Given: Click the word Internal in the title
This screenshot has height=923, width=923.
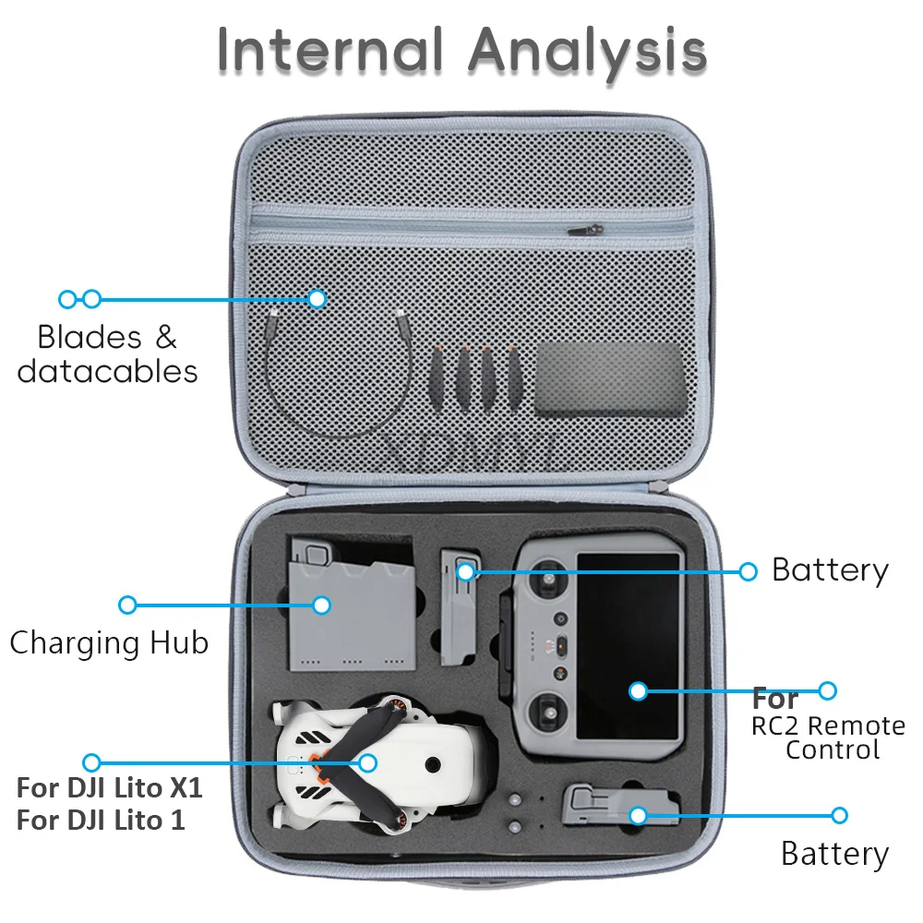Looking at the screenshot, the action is [330, 51].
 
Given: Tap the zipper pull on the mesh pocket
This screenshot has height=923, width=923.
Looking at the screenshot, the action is [586, 230].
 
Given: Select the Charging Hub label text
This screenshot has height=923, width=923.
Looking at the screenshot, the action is [110, 643].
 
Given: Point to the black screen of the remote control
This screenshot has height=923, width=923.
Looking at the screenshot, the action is [628, 646].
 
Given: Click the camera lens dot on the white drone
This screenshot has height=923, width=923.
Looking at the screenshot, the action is [433, 765].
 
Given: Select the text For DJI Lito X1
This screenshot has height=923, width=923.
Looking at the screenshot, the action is [110, 787].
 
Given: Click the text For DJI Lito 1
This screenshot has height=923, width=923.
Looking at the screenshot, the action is [101, 820].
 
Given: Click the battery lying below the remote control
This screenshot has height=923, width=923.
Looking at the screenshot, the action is [620, 806].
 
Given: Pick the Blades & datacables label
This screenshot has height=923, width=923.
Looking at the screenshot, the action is [108, 354].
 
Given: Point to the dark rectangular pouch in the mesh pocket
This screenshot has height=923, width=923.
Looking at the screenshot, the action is [610, 380].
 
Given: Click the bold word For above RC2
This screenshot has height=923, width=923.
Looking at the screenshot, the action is [774, 699].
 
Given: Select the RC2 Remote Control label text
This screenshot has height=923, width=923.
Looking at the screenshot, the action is [828, 737].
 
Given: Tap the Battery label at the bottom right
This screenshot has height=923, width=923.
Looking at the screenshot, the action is [834, 854].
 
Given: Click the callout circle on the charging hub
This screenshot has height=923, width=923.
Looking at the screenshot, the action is [321, 605].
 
